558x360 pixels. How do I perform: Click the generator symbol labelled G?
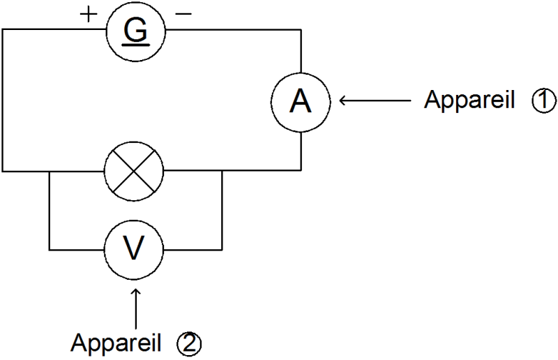(x=133, y=30)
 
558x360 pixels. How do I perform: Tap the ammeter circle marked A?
(x=301, y=102)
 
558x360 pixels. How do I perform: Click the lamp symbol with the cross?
(x=133, y=170)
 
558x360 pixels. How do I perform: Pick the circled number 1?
(x=543, y=102)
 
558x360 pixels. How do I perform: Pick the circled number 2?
(x=188, y=343)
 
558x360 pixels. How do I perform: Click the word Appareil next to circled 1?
(x=469, y=102)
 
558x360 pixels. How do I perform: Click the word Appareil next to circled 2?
(x=116, y=343)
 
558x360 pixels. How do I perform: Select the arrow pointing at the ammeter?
(x=374, y=102)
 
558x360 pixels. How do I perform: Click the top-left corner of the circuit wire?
(x=3, y=30)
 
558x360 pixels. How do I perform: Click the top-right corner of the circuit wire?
(x=301, y=30)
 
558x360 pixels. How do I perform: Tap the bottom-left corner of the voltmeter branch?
(x=49, y=248)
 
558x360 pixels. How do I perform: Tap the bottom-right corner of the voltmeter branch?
(x=221, y=248)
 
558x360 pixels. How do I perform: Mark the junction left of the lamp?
(x=49, y=170)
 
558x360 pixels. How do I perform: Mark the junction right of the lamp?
(x=221, y=170)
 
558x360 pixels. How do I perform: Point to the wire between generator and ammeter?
(x=237, y=30)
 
